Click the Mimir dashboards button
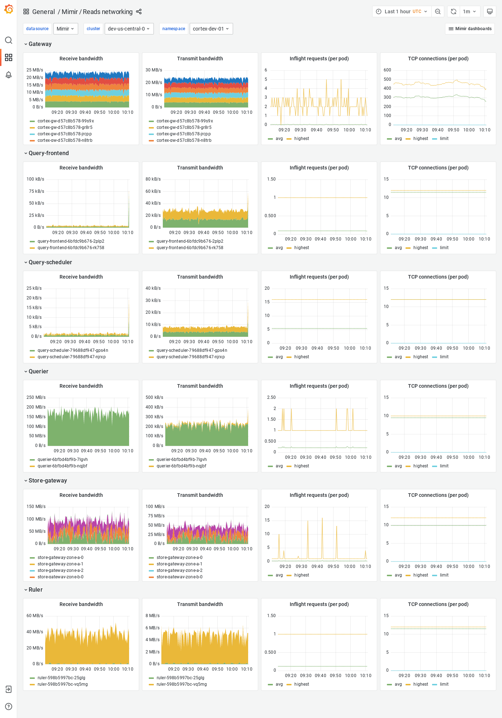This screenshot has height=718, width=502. click(x=470, y=29)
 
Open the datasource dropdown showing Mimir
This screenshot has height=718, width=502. click(x=66, y=29)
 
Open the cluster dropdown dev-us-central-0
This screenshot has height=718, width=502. click(x=129, y=29)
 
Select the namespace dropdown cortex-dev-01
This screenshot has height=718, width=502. click(x=211, y=29)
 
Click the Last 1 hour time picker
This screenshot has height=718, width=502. click(x=402, y=11)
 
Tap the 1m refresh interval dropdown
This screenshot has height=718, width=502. click(x=469, y=11)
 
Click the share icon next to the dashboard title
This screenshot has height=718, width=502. click(x=139, y=12)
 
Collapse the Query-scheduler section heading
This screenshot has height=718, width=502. click(x=50, y=262)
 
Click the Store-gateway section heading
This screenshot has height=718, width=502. click(x=48, y=481)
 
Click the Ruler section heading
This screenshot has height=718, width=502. click(x=35, y=590)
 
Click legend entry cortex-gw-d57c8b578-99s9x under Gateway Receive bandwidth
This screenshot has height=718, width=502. click(x=66, y=121)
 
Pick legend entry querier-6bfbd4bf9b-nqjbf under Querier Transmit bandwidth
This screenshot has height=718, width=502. click(x=181, y=466)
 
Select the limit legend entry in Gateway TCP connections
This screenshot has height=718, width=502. click(x=444, y=139)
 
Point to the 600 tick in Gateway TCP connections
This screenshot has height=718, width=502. click(x=387, y=70)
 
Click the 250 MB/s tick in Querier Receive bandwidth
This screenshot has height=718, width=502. click(x=36, y=397)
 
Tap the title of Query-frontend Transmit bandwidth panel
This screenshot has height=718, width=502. click(x=200, y=168)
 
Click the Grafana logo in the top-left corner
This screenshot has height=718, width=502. click(x=9, y=9)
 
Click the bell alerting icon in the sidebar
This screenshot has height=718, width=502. click(x=9, y=75)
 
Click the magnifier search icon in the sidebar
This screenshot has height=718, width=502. click(x=9, y=40)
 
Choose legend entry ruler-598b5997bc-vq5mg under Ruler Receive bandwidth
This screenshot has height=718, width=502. click(x=62, y=684)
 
